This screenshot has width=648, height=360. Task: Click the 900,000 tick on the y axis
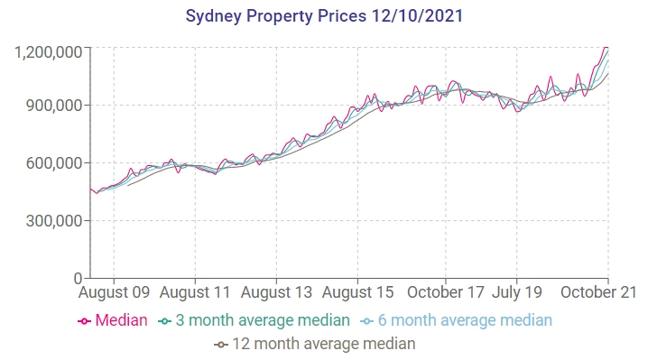tap(54, 106)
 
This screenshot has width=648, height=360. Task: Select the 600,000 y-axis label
tap(54, 163)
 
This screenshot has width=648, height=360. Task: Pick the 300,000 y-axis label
tap(54, 221)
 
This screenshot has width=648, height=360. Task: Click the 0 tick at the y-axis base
tap(79, 278)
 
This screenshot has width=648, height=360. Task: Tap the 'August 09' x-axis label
tap(115, 293)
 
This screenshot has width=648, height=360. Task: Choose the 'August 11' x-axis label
tap(196, 293)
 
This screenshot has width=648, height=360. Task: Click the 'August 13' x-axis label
tap(277, 293)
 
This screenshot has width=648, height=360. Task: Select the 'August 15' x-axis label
tap(357, 293)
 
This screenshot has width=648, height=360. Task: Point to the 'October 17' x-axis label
tap(446, 293)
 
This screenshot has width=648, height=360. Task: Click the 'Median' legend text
tap(122, 320)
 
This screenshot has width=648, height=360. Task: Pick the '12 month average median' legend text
tap(323, 344)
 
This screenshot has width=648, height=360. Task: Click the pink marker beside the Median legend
tap(85, 321)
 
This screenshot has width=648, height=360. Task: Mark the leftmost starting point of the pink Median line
tap(91, 189)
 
